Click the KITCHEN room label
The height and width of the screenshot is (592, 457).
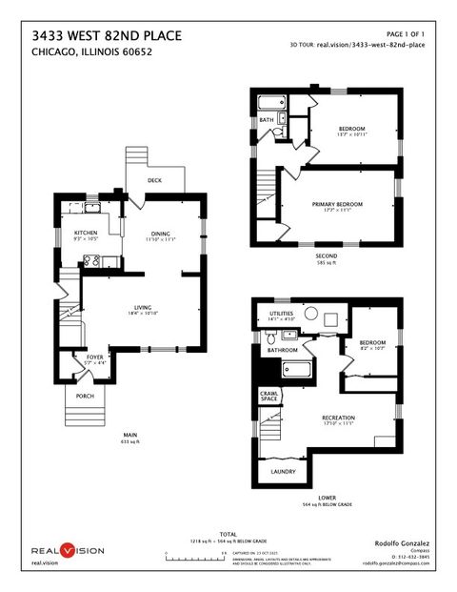(73, 232)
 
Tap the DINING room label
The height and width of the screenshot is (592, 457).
(159, 232)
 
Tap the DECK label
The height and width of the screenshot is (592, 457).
(153, 180)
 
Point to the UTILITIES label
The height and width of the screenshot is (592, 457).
(282, 313)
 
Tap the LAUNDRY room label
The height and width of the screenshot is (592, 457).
(281, 470)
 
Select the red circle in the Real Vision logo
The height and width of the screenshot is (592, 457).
(68, 550)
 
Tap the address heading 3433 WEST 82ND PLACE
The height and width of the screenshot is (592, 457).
(106, 35)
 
